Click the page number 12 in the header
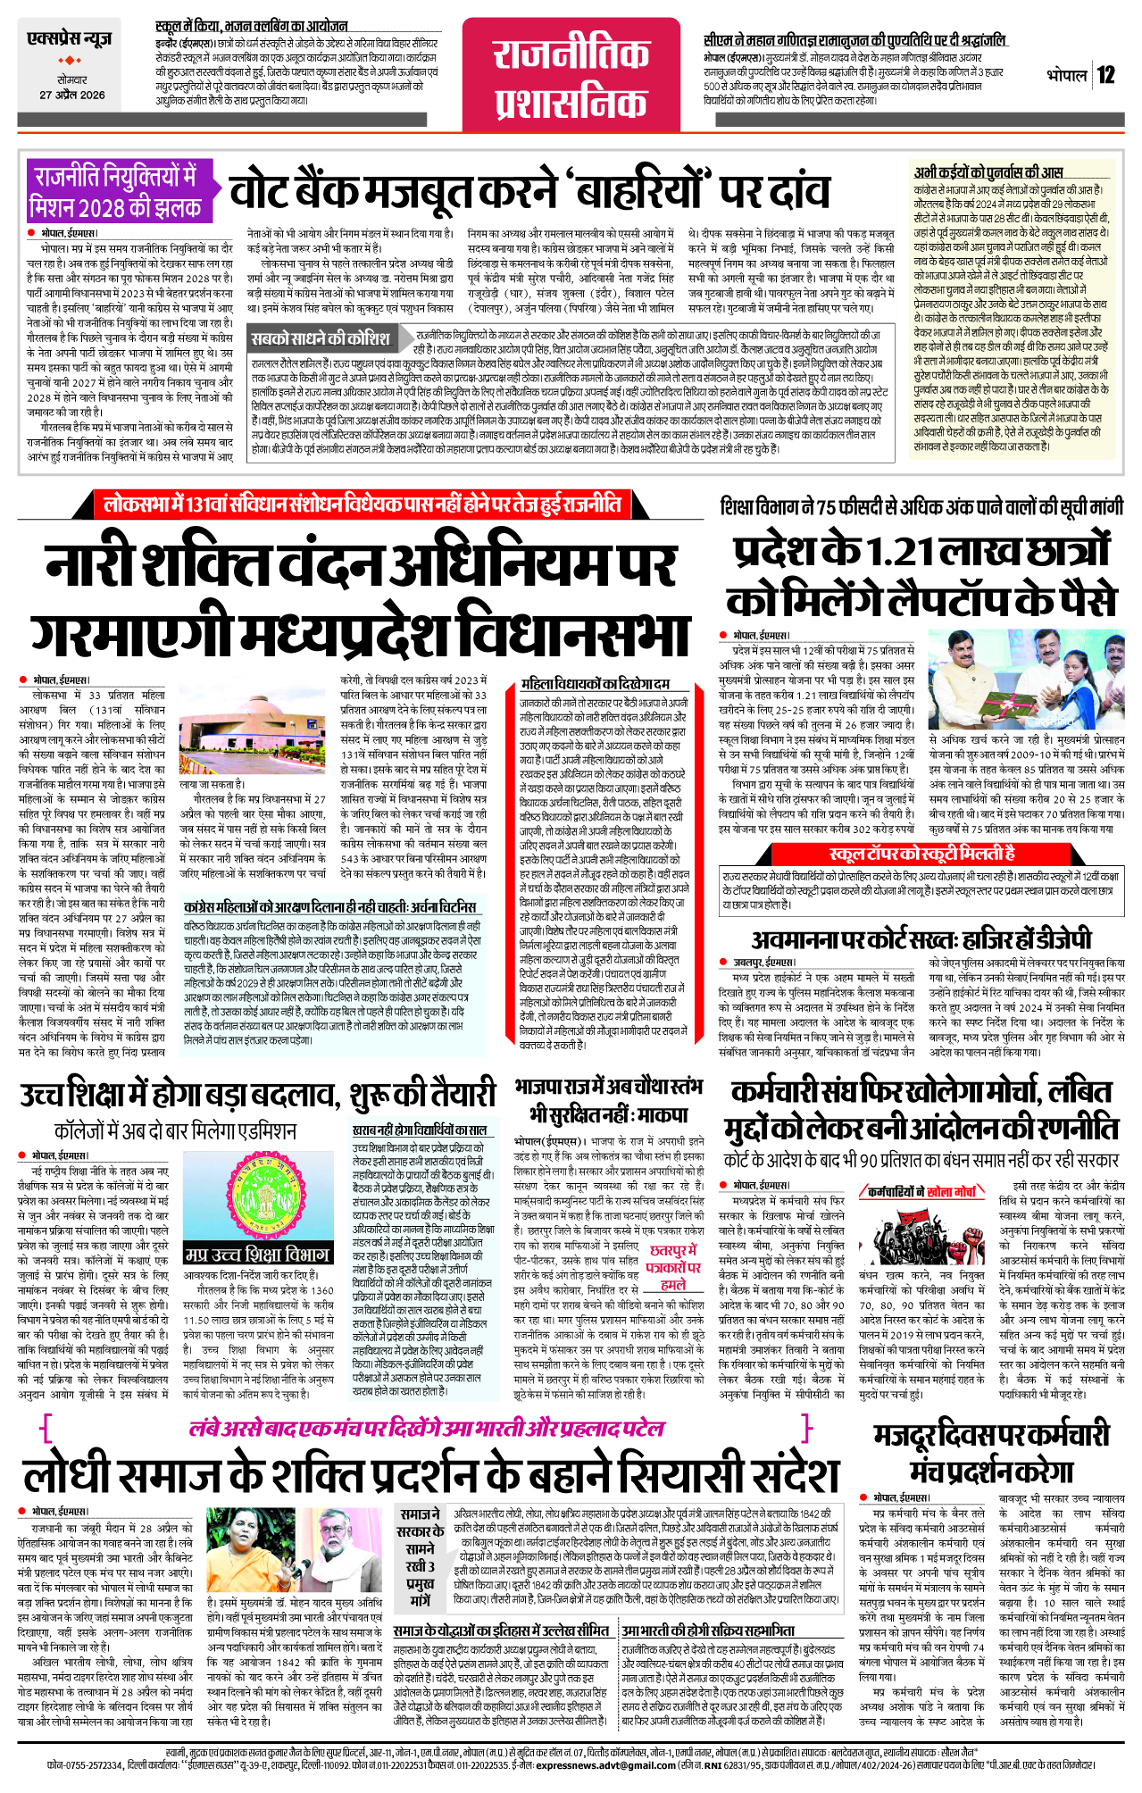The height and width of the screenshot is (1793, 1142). coord(1106,75)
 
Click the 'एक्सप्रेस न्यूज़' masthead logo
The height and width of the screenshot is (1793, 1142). coord(70,39)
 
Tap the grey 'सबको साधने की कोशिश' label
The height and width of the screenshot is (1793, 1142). coord(321,338)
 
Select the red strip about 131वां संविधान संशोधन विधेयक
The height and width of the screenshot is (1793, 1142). coord(362,505)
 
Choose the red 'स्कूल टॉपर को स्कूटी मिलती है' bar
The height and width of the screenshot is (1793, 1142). coord(921,854)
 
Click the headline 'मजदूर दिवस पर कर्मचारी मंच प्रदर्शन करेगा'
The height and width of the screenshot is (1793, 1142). coord(990,1452)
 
